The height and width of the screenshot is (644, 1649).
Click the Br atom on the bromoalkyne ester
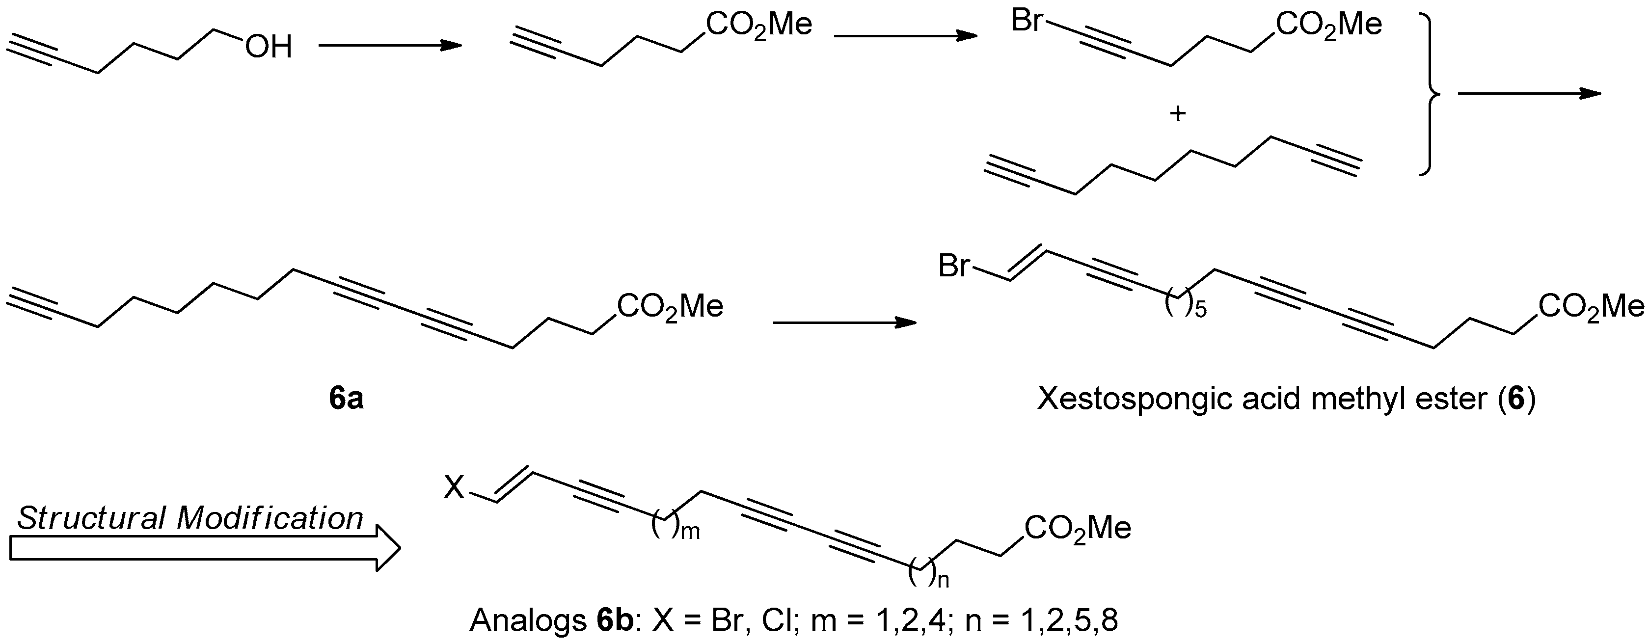click(x=1027, y=21)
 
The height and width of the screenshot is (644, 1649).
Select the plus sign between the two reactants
click(x=1178, y=114)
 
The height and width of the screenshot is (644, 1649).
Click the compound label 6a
click(x=346, y=398)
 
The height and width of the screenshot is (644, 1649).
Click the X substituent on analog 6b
click(x=454, y=490)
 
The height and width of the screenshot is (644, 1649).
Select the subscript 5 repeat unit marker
click(x=1200, y=311)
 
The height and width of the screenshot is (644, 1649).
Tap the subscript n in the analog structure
click(x=944, y=581)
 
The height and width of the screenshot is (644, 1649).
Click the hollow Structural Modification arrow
click(x=205, y=548)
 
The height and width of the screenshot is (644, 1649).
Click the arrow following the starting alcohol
click(x=390, y=46)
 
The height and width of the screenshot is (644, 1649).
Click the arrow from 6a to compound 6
click(x=844, y=322)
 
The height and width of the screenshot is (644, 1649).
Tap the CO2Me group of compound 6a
click(x=670, y=306)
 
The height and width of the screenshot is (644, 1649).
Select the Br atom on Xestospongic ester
click(x=954, y=266)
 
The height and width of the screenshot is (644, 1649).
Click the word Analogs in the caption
click(x=526, y=620)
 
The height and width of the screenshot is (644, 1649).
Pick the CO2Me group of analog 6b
click(x=1078, y=528)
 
